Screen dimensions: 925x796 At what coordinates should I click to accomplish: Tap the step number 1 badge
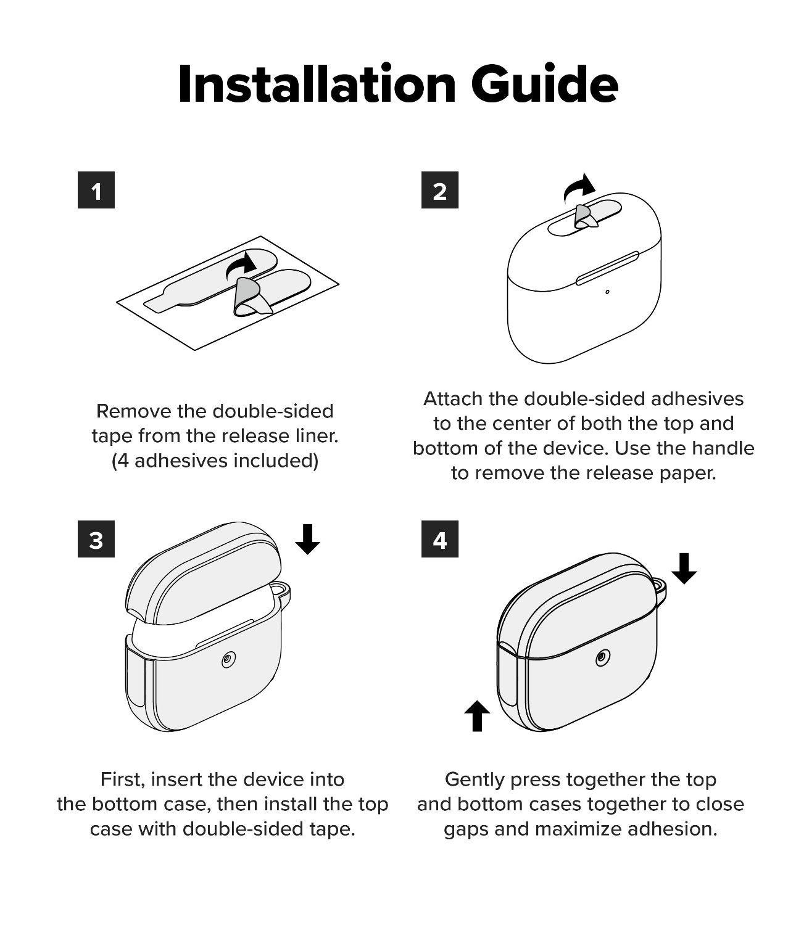[x=96, y=191]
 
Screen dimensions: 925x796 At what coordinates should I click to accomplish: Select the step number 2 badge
[x=439, y=191]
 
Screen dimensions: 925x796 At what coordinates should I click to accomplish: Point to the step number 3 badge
[x=96, y=540]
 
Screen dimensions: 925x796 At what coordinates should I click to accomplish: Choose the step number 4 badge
[x=439, y=540]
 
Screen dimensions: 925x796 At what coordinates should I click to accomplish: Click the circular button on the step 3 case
[x=228, y=660]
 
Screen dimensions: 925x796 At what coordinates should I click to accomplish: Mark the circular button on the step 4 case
[x=602, y=659]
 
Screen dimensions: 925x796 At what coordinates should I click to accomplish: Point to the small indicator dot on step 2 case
[x=608, y=292]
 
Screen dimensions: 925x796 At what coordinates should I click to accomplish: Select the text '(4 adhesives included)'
[x=215, y=461]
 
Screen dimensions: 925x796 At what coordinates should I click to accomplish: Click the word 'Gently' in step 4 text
[x=475, y=779]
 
